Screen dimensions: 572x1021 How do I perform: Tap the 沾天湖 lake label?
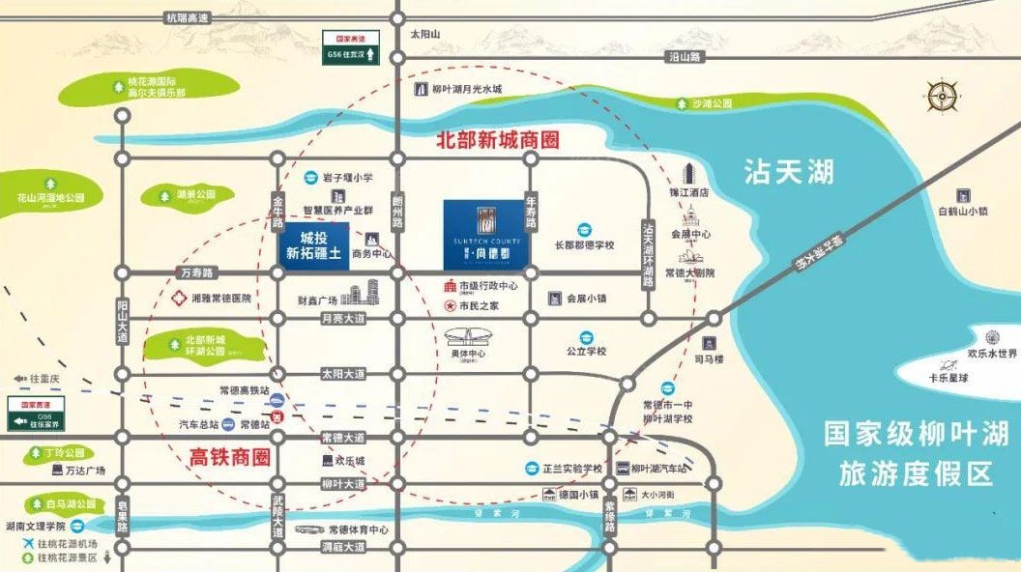click(788, 173)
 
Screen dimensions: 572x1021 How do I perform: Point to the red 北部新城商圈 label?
click(498, 141)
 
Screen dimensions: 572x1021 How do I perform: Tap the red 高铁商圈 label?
click(228, 454)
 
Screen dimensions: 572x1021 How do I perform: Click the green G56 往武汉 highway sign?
click(359, 45)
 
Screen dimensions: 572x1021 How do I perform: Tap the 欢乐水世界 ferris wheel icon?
click(992, 337)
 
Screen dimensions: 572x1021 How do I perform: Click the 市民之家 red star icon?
click(450, 305)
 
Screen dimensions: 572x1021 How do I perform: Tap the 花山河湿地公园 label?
click(44, 197)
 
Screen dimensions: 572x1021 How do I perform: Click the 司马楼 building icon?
click(709, 343)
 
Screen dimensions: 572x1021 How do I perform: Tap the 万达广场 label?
click(85, 471)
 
